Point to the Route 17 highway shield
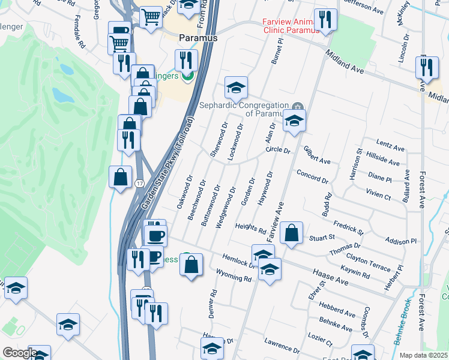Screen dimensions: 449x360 (139, 183)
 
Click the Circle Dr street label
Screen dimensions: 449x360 (278, 150)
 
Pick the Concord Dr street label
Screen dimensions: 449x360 (312, 176)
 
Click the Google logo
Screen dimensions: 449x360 (19, 353)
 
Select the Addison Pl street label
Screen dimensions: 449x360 (402, 241)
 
